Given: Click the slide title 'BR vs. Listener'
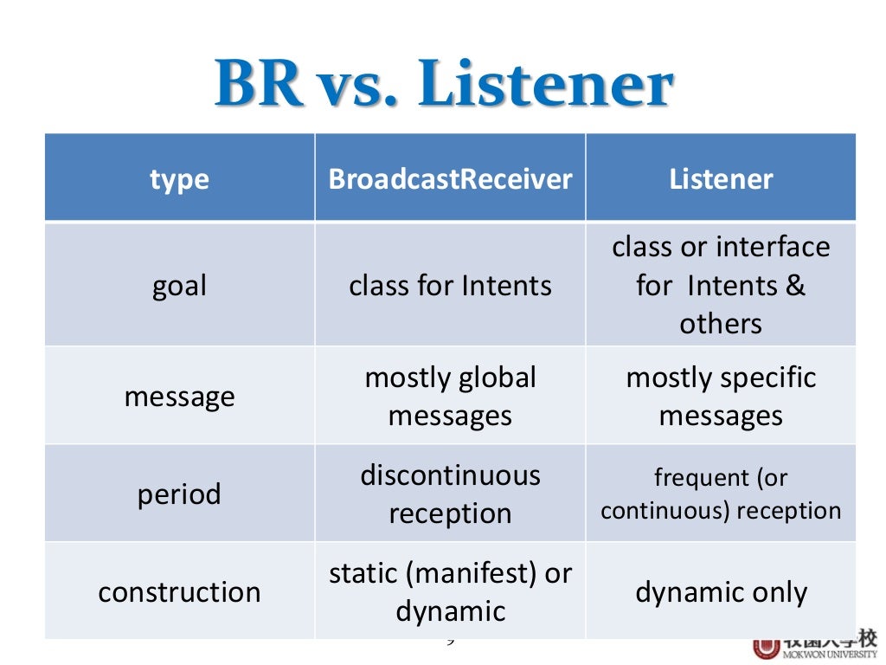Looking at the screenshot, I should coord(443,85).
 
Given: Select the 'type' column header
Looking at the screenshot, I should coord(179,179).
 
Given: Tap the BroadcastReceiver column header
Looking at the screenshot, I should coord(450,179).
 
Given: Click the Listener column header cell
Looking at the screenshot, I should coord(721,179).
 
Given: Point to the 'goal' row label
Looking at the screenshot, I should coord(179,286).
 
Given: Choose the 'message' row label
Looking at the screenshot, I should coord(179,397).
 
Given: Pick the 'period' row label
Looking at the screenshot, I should coord(179,494).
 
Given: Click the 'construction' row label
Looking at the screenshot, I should coord(179,592).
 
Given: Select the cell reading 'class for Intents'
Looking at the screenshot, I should coord(450,286).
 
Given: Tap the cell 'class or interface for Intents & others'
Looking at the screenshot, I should coord(721,286).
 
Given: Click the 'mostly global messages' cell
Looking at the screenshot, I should coord(450,397).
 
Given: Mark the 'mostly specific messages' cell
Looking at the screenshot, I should coord(721,397).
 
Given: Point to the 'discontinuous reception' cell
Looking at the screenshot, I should coord(450,494).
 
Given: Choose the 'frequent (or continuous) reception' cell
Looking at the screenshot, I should coord(721,494).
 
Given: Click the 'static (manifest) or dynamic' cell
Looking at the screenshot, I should coord(450,592).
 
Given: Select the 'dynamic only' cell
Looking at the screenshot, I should coord(721,592).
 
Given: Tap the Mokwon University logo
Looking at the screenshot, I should coord(813,646).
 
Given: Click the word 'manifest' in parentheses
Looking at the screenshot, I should coord(476,573).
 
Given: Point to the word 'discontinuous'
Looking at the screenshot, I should coord(450,475).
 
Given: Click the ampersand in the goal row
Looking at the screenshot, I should coord(795,286).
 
